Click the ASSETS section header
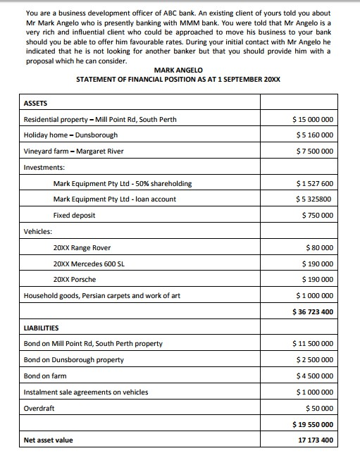coord(37,104)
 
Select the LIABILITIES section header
coord(42,328)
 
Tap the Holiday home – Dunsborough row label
coord(70,135)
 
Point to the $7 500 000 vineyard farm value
coord(314,151)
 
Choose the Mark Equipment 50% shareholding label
coord(123,184)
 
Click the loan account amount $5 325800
coord(314,199)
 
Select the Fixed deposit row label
coord(74,216)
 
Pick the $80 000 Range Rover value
coord(320,248)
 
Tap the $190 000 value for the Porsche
coord(318,280)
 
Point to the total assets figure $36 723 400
coord(313,311)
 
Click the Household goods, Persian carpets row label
coord(101,296)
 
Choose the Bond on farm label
coord(45,376)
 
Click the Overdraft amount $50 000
coord(320,409)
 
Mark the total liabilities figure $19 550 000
coord(313,425)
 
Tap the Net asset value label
coord(48,441)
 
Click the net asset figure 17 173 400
coord(316,441)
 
